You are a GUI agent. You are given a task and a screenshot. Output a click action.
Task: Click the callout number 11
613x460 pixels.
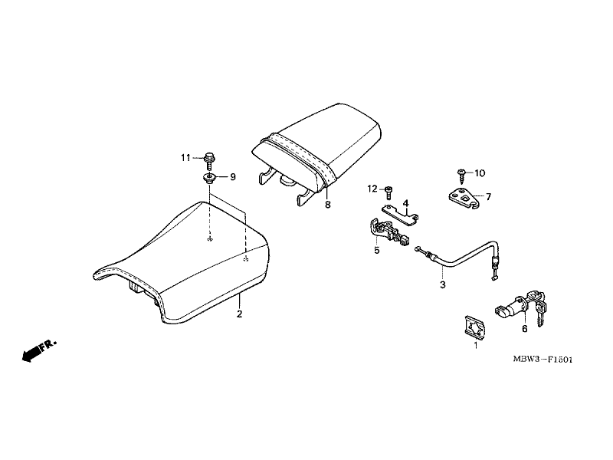coord(185,158)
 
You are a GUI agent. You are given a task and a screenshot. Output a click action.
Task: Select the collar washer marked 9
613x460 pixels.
coord(210,179)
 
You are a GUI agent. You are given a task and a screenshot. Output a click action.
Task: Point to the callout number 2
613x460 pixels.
coord(239,314)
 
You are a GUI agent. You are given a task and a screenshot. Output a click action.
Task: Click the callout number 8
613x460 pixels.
coord(328,205)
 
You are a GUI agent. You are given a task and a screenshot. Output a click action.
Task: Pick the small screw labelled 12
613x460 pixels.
coord(388,192)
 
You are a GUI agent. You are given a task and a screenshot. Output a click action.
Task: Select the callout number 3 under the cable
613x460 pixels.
coord(443,284)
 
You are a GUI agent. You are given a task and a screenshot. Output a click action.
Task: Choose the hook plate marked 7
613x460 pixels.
coord(464,198)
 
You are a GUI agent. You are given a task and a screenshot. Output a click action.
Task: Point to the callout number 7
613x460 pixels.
coord(488,197)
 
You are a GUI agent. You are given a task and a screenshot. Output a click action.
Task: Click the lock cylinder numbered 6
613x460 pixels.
coord(510,308)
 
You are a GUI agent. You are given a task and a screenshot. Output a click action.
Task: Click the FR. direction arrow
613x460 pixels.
coord(39,350)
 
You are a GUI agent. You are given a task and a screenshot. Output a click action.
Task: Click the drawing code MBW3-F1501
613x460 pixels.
coord(543,360)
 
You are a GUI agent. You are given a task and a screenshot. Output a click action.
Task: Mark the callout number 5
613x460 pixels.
coord(376,251)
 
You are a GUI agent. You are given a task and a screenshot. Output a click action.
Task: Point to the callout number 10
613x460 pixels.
coord(480,173)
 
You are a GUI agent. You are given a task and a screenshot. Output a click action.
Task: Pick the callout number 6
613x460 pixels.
coord(525,330)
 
